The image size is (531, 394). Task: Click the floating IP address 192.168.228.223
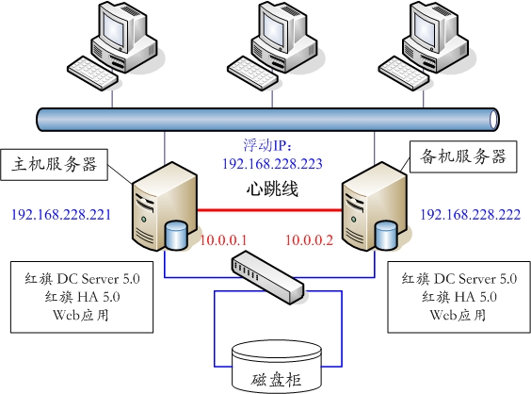(272, 164)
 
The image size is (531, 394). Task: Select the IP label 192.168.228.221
(61, 215)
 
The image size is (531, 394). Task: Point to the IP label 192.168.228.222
(470, 215)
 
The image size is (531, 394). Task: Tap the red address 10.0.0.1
(223, 240)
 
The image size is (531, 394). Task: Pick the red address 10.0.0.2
(309, 240)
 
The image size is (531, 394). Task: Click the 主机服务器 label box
(55, 164)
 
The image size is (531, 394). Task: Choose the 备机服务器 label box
(463, 156)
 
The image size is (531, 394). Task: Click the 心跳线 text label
(272, 189)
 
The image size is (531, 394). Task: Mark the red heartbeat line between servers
(269, 210)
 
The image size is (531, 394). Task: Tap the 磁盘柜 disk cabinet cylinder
(277, 367)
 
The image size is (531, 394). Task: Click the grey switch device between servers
(267, 277)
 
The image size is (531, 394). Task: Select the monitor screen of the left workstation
(113, 25)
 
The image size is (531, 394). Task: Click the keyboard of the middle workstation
(252, 74)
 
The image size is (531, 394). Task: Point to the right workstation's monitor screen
(425, 25)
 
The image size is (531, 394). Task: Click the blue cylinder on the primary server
(176, 235)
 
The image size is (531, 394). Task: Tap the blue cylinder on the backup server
(386, 235)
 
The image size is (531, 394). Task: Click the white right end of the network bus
(494, 120)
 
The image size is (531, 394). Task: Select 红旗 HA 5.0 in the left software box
(82, 297)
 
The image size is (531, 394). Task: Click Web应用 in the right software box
(459, 315)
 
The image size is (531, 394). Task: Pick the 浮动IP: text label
(267, 145)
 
